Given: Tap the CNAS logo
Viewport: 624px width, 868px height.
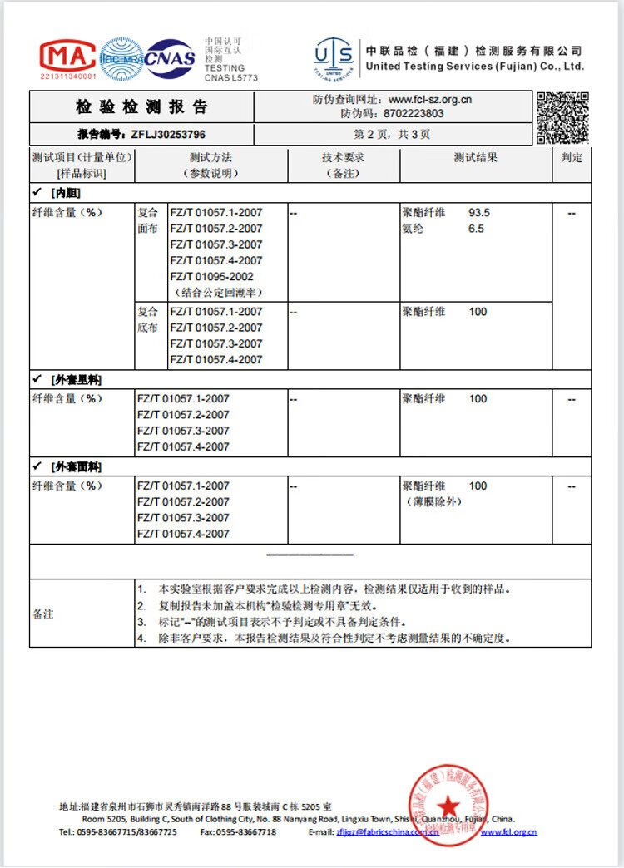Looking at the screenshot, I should click(171, 58).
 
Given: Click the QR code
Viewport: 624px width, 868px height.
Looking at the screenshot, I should click(562, 117).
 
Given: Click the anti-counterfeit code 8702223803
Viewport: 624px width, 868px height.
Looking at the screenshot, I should click(414, 114).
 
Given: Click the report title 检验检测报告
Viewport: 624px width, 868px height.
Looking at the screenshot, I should click(141, 107).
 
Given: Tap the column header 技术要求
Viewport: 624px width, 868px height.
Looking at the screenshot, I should click(343, 157).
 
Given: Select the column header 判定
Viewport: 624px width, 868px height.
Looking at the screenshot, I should click(572, 157).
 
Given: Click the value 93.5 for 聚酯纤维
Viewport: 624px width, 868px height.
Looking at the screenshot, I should click(479, 213).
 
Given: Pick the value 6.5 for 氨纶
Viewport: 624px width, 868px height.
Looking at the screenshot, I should click(476, 229).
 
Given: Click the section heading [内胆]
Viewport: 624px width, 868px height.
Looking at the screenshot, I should click(64, 192).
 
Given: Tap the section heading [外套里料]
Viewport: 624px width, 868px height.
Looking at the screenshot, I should click(76, 380).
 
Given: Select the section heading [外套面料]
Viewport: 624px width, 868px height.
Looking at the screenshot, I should click(76, 466).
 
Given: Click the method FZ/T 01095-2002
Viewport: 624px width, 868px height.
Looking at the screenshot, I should click(212, 277).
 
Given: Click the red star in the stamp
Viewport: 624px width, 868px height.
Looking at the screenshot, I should click(449, 805).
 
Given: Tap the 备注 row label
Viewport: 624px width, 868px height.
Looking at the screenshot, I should click(43, 614).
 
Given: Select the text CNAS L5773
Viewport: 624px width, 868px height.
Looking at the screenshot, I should click(231, 78).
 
